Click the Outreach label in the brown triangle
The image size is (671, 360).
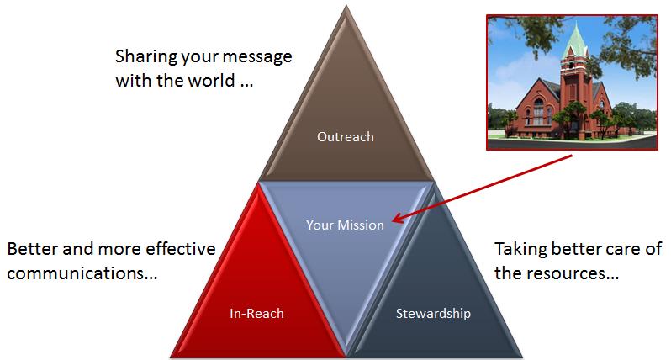pyautogui.click(x=346, y=136)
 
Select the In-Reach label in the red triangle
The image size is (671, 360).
pyautogui.click(x=256, y=314)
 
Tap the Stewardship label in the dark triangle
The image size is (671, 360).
pyautogui.click(x=433, y=314)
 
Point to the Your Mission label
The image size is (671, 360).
pyautogui.click(x=345, y=225)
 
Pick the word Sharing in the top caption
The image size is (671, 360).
pyautogui.click(x=145, y=57)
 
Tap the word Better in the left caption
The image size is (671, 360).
pyautogui.click(x=32, y=249)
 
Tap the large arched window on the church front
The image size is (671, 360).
pyautogui.click(x=539, y=111)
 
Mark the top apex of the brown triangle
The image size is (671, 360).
pyautogui.click(x=346, y=6)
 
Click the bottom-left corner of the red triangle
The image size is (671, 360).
pyautogui.click(x=171, y=356)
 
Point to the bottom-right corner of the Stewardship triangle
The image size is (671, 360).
pyautogui.click(x=522, y=356)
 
